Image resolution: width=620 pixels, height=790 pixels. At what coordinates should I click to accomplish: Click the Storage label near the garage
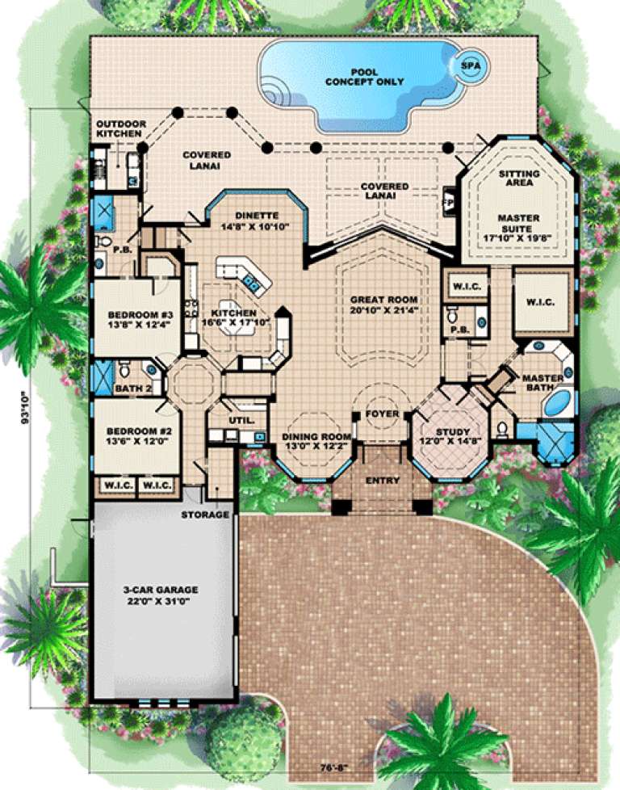[x=205, y=515]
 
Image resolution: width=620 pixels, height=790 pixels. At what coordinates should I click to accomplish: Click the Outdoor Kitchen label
[x=121, y=129]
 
